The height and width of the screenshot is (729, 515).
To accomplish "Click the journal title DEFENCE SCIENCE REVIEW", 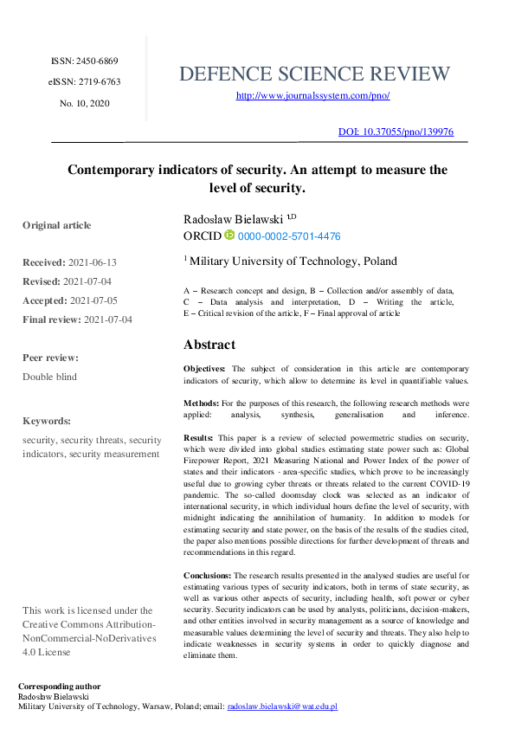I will click(x=314, y=74).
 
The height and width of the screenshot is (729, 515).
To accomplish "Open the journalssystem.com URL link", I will click(x=312, y=96).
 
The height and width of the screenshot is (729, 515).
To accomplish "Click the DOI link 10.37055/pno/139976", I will click(x=395, y=132).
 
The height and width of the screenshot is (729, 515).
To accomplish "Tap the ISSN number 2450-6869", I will click(x=84, y=61).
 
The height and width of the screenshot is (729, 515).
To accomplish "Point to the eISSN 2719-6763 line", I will click(x=84, y=82).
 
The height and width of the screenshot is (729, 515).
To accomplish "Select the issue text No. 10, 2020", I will click(x=84, y=103).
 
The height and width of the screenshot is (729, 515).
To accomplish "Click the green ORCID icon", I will click(x=229, y=235).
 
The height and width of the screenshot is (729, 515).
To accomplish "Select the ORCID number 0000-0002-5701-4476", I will click(x=289, y=235).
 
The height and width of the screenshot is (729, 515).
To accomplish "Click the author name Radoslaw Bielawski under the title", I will click(x=234, y=220).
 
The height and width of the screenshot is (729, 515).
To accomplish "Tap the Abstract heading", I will click(x=209, y=344).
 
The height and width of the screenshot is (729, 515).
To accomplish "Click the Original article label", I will click(x=56, y=225).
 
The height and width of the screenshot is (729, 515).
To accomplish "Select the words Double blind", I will click(x=49, y=377).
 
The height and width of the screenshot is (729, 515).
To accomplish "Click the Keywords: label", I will click(x=47, y=421).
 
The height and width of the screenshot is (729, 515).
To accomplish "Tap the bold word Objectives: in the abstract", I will click(x=204, y=369).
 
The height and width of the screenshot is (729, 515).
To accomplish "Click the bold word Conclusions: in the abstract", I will click(x=207, y=575).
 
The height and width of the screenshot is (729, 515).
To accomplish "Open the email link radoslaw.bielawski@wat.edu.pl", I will click(x=282, y=706).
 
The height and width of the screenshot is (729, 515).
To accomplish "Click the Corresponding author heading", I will click(x=59, y=687).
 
